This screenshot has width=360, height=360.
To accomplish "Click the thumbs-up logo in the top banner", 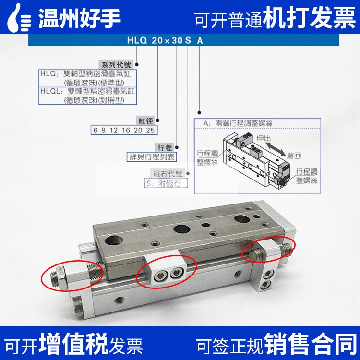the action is click(x=19, y=17).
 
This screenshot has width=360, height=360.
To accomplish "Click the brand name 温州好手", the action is click(x=79, y=18).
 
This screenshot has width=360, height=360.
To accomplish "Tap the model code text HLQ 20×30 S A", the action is click(x=165, y=40).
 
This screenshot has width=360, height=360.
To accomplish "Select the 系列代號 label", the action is click(x=116, y=64).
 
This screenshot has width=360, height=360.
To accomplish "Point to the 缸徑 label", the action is click(x=145, y=120).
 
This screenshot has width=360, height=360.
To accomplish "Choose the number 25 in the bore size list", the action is click(x=150, y=130).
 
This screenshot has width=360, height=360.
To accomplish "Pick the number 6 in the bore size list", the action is click(x=96, y=130).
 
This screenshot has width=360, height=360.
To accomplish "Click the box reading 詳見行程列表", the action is click(x=152, y=157).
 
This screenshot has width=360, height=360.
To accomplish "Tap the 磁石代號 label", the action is click(x=168, y=173).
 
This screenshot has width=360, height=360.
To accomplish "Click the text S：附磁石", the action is click(x=164, y=183).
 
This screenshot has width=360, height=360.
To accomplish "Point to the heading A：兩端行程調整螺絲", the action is click(x=238, y=123).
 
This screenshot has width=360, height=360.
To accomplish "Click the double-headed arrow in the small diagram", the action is click(x=276, y=148).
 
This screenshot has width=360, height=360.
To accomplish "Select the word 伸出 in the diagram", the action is click(x=264, y=138).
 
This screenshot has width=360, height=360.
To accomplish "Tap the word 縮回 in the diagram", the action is click(x=294, y=156).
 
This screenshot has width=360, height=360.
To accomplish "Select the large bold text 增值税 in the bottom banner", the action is click(x=73, y=344).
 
